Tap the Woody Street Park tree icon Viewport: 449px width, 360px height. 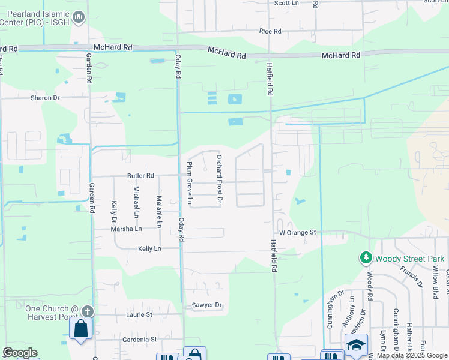366,258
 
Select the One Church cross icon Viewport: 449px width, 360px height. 88,311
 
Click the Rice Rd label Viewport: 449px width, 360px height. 270,31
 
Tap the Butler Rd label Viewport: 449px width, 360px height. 140,176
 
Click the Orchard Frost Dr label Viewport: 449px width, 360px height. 220,178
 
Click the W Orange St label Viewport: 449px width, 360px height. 297,232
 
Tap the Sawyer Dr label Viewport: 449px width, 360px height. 207,305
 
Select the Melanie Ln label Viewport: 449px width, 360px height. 160,212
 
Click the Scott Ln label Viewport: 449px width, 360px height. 286,3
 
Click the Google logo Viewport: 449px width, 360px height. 20,353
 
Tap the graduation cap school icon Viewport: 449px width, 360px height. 356,344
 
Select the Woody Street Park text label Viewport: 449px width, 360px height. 410,259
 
